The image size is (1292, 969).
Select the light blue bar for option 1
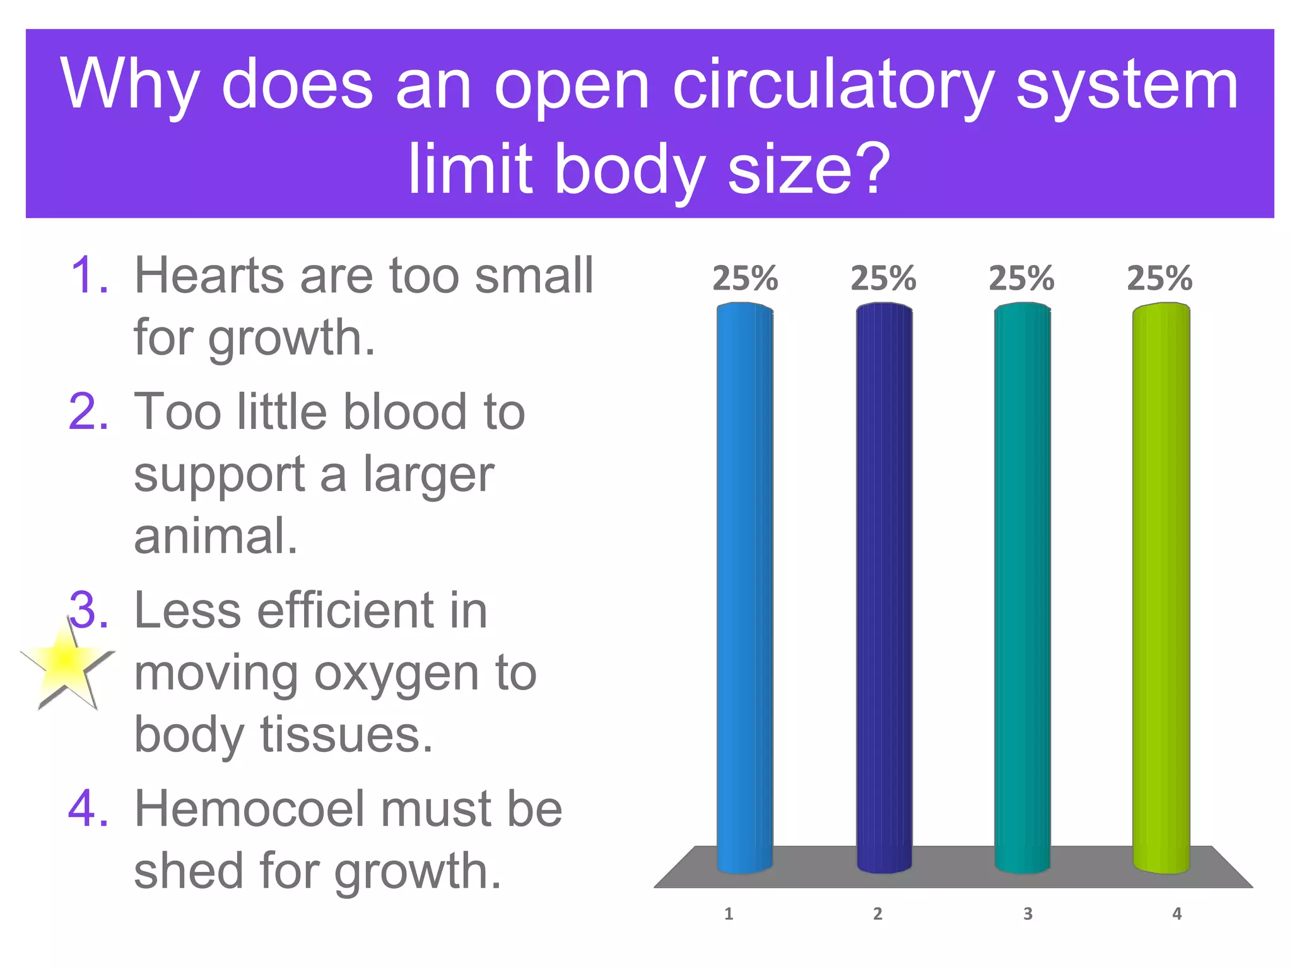(744, 587)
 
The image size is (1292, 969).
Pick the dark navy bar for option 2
(884, 587)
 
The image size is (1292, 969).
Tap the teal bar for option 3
(1022, 587)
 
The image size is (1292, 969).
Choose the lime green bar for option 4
(1161, 587)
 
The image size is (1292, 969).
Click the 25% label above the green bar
(1160, 278)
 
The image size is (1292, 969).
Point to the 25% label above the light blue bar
(745, 278)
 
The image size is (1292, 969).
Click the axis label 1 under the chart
(729, 913)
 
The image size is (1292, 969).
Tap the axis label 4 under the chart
(1177, 913)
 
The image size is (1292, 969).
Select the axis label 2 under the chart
(878, 913)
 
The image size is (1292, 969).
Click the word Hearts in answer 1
(209, 276)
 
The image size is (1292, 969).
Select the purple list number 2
(88, 411)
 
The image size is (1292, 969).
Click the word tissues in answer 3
(347, 735)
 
